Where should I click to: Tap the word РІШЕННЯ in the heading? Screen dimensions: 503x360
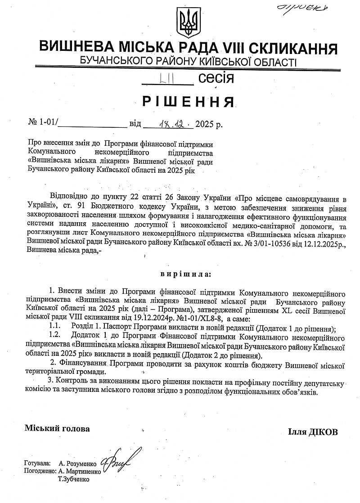189,102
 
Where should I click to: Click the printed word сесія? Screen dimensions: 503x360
216,78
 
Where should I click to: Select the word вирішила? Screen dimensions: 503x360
185,273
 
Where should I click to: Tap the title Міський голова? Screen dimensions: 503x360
57,428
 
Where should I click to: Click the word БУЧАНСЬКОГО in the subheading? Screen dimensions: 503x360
112,61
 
